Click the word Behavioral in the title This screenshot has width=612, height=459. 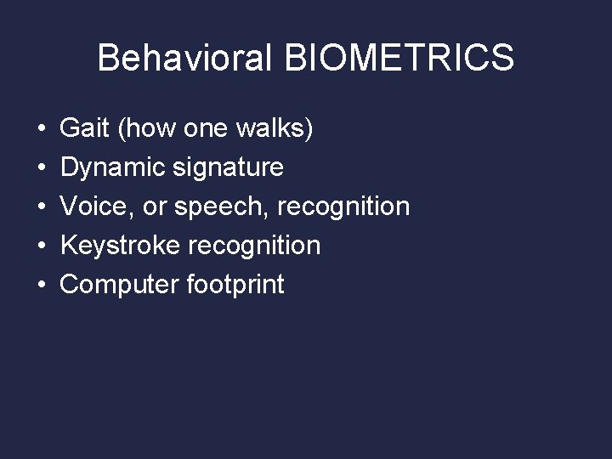click(184, 59)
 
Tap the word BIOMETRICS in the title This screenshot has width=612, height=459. click(399, 59)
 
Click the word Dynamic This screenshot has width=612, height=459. click(113, 167)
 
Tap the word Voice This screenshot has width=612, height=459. click(92, 207)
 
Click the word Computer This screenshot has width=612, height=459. click(118, 285)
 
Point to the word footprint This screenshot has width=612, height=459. click(235, 285)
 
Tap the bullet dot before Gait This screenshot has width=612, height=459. click(42, 129)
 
